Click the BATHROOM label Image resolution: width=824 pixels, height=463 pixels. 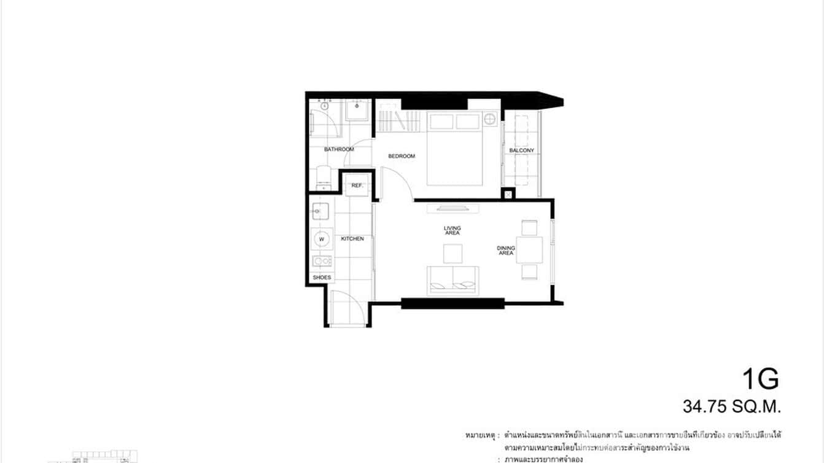tap(339, 149)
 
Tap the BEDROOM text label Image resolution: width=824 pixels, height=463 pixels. tap(402, 156)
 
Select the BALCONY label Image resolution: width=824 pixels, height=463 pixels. tap(521, 150)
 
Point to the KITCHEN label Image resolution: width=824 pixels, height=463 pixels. tap(352, 238)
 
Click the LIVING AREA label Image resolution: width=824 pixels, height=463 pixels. tap(453, 230)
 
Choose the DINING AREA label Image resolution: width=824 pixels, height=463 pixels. tap(506, 251)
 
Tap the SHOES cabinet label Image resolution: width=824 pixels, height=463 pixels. tap(322, 278)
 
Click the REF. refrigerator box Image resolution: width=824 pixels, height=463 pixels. tap(357, 185)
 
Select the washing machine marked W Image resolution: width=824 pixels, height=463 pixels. tap(321, 238)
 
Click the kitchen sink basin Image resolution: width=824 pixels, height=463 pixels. tap(320, 212)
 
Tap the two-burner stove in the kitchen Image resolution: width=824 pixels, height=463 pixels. tap(322, 261)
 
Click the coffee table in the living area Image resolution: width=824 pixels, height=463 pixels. tap(453, 254)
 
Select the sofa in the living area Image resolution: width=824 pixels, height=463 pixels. tap(454, 280)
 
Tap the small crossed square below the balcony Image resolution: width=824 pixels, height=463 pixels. tap(508, 195)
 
